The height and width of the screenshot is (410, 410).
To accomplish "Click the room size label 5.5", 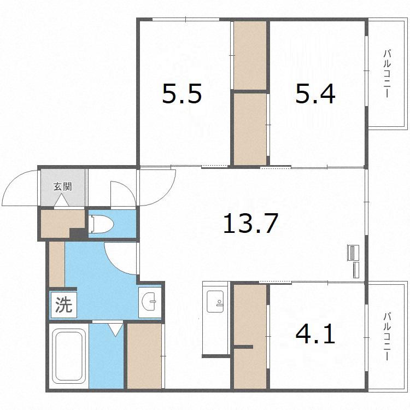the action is tap(182, 93).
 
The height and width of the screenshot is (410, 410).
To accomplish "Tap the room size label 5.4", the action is tap(315, 93).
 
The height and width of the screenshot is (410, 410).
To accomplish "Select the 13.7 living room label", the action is tap(250, 223).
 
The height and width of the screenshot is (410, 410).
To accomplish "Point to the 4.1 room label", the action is tap(315, 333).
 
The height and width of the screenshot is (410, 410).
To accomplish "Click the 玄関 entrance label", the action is tap(62, 186).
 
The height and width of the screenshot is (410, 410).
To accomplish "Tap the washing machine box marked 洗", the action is tap(63, 305).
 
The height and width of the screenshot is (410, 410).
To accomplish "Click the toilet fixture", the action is tap(101, 224).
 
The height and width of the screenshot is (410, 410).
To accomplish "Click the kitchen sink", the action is tap(215, 301).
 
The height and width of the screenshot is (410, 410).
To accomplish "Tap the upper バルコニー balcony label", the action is tap(386, 73).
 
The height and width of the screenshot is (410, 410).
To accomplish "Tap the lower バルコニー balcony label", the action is tap(386, 336).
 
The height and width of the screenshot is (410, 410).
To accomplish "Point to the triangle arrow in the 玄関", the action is tap(62, 200).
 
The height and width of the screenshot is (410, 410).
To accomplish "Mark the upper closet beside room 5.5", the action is tap(250, 55).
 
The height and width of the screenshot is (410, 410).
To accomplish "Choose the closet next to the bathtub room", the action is tap(144, 356).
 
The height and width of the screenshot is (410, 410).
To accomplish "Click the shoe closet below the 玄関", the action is tap(62, 224).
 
